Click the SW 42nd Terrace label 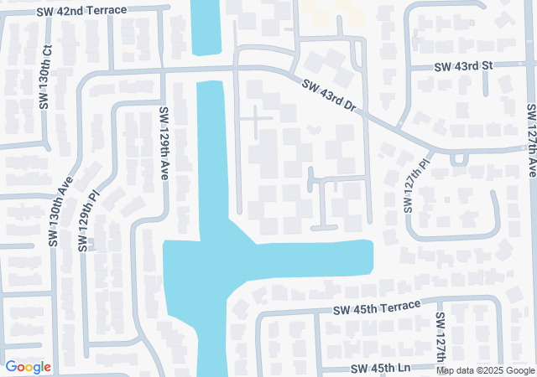click(x=81, y=11)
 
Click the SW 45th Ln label click(x=381, y=369)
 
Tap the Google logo click(x=28, y=367)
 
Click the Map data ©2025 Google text click(x=484, y=370)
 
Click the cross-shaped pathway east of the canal click(x=257, y=122)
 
